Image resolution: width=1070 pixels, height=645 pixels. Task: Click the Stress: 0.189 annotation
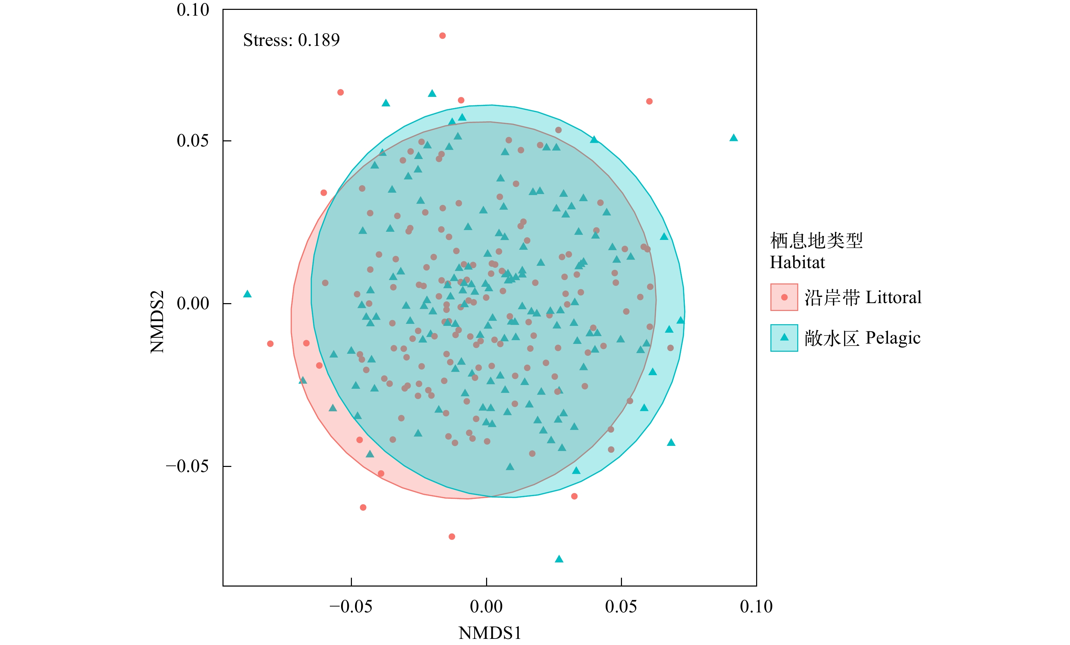coord(291,40)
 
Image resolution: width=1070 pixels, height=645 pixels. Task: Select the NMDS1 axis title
coord(489,633)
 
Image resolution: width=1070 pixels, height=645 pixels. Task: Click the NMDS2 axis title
coord(157,321)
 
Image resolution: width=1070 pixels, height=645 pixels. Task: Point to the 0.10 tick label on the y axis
coord(193,10)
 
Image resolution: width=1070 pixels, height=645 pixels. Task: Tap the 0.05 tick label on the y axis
coord(193,141)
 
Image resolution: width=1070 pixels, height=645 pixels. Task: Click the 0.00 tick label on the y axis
coord(193,303)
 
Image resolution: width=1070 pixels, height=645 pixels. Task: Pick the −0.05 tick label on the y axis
coord(187,466)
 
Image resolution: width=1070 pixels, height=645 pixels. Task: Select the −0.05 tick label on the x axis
coord(351,606)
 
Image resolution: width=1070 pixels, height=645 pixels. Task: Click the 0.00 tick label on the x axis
coord(486,606)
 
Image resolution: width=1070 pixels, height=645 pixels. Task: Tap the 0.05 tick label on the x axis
coord(621,606)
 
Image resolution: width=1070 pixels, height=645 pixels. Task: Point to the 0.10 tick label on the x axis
coord(756,606)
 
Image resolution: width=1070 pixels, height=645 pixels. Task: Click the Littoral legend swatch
coord(784,297)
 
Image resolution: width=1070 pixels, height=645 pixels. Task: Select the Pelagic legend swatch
coord(784,337)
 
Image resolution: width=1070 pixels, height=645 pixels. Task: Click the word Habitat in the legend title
coord(797,262)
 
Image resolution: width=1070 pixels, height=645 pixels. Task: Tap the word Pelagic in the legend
coord(893,337)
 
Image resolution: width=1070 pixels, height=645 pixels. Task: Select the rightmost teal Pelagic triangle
coord(733,138)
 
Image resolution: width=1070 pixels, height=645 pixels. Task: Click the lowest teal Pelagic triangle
coord(559,559)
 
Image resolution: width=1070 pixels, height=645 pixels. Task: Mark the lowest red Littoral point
coord(452,536)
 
